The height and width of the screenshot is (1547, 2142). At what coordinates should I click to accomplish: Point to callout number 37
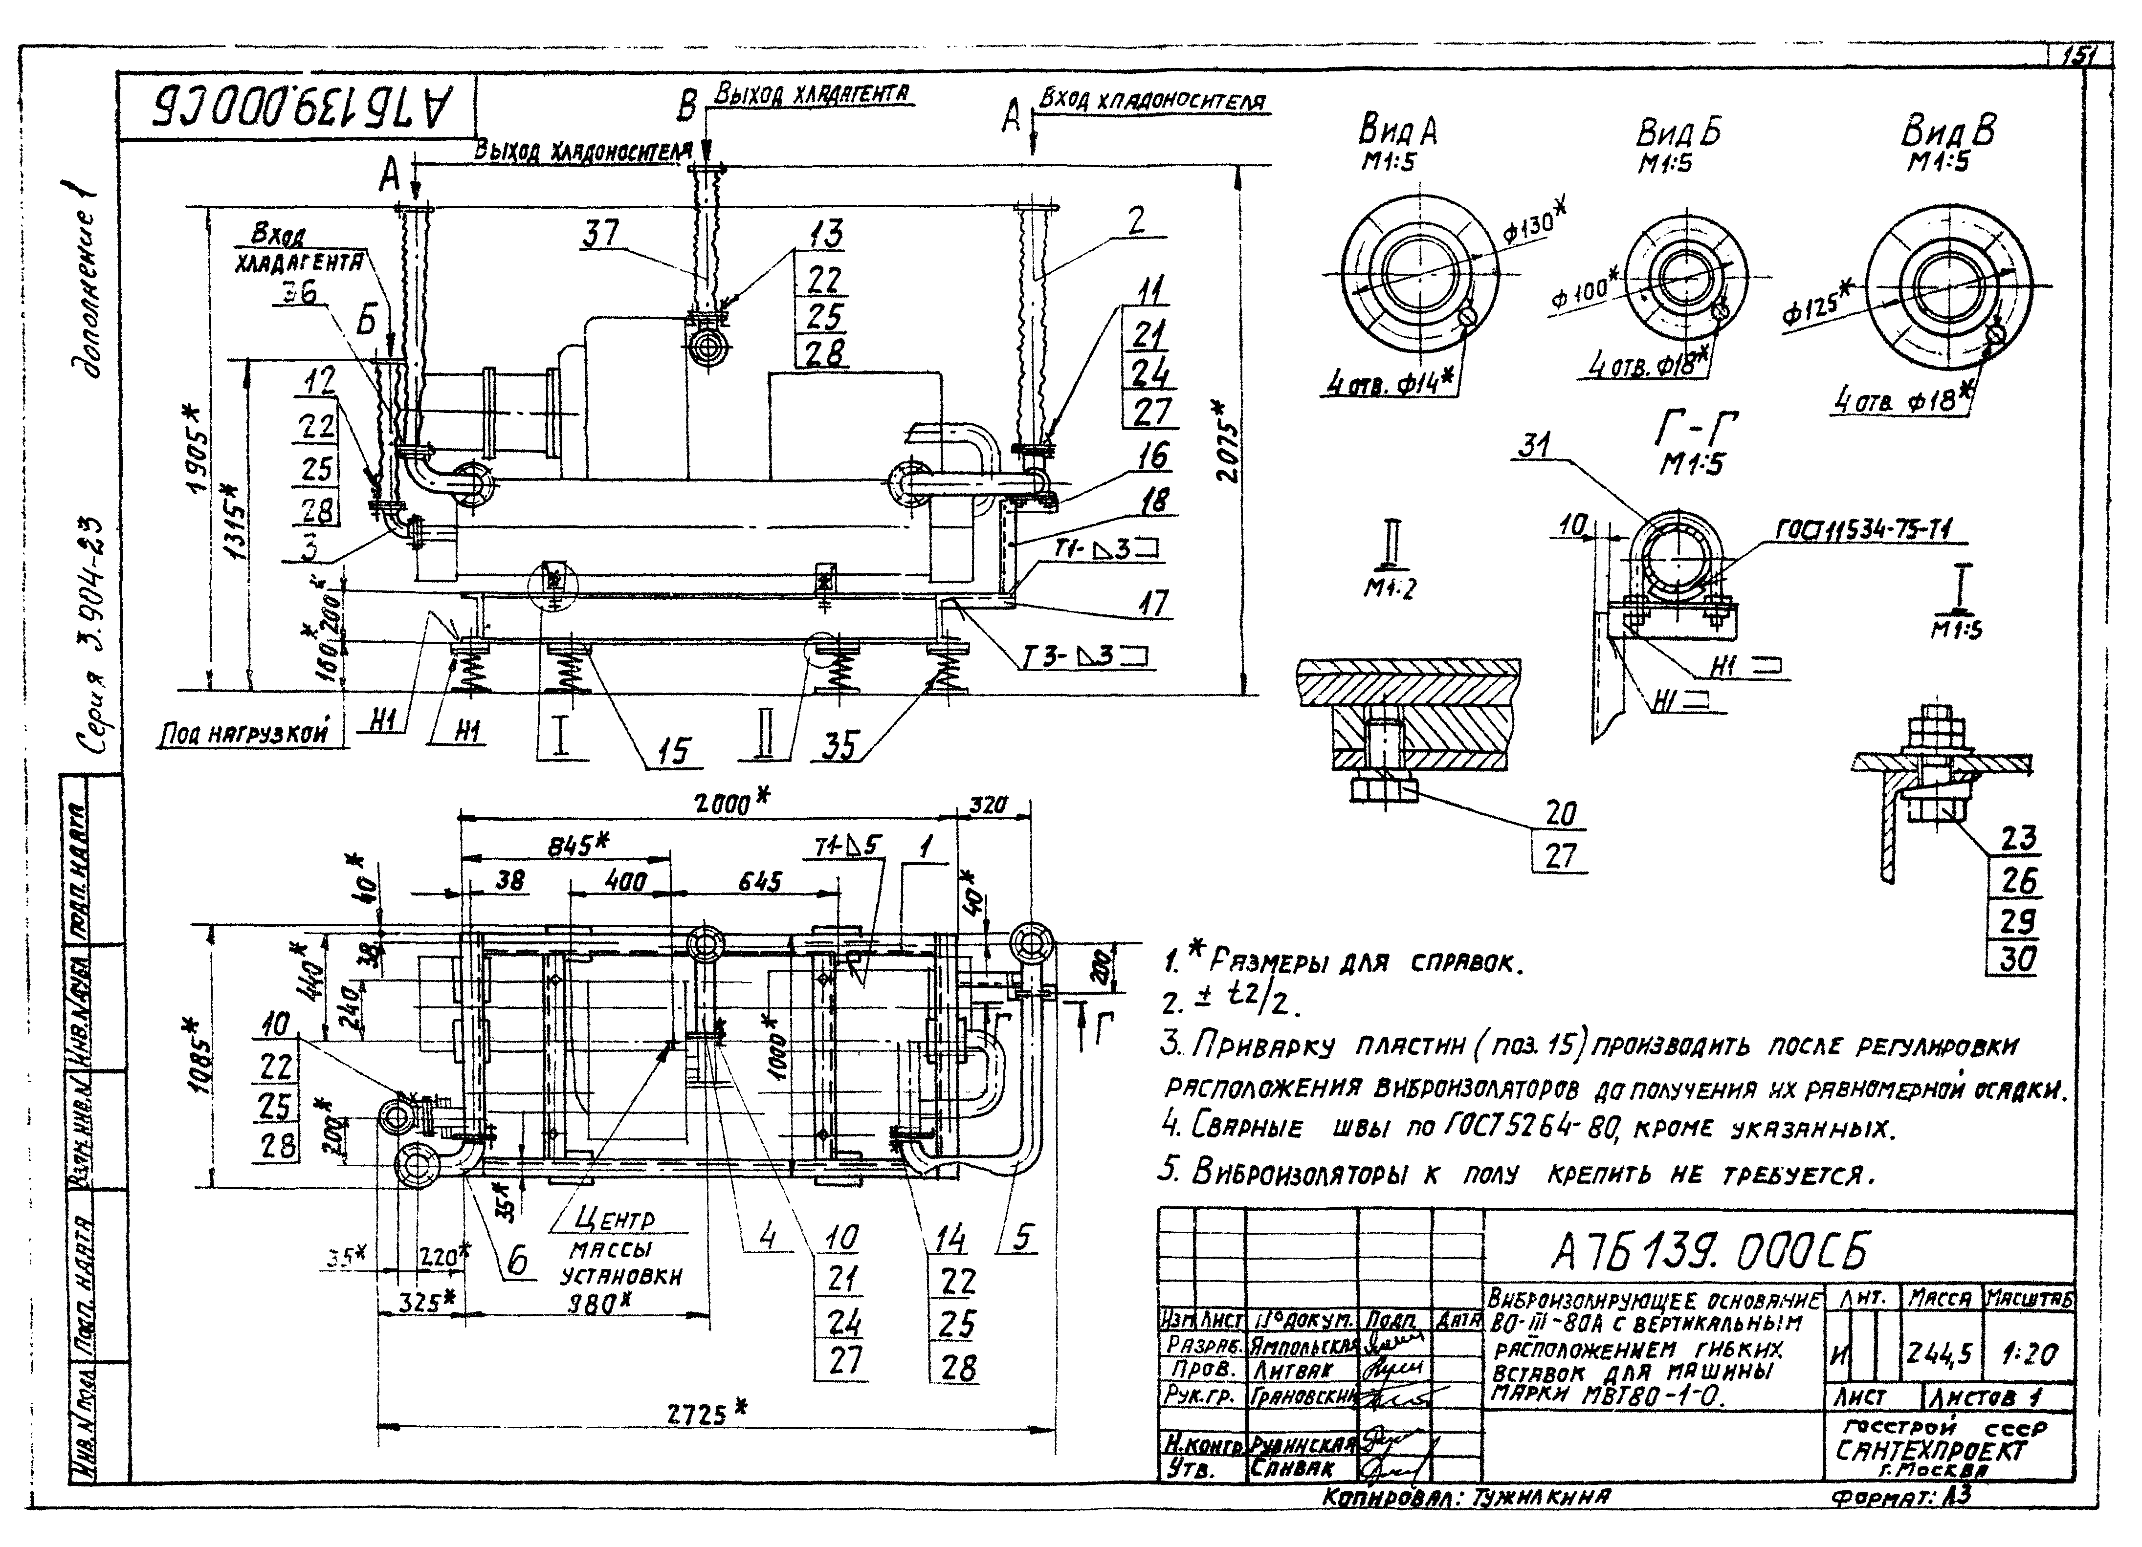[x=601, y=233]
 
